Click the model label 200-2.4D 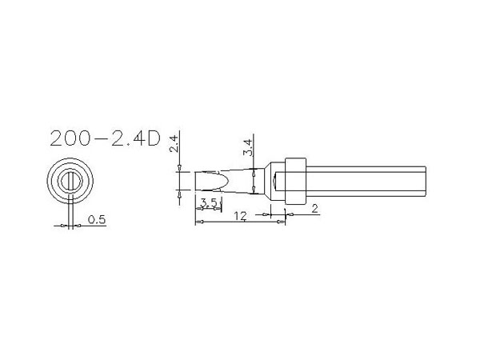pos(105,138)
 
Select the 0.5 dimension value pos(97,219)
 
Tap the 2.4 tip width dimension pos(174,143)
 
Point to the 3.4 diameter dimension pos(248,147)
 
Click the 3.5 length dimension pos(209,202)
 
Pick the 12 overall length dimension pos(240,216)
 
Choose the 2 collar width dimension pos(314,209)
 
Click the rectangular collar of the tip pos(295,182)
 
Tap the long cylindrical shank pos(366,182)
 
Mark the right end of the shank pos(426,182)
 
